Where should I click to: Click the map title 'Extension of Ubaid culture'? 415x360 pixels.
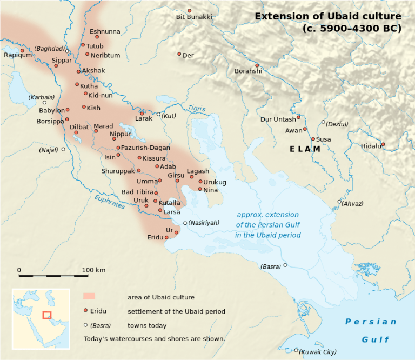click(x=328, y=16)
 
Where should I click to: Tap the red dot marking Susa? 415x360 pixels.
click(x=313, y=139)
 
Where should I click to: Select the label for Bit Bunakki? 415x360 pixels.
click(x=194, y=17)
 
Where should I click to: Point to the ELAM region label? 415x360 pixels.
click(x=305, y=149)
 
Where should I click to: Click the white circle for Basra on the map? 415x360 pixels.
click(x=285, y=265)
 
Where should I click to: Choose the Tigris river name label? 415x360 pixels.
click(x=197, y=109)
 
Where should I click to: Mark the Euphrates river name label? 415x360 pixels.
click(x=110, y=202)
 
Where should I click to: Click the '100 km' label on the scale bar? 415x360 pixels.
click(x=93, y=270)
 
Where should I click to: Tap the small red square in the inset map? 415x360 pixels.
click(x=47, y=315)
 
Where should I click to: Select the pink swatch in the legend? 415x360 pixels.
click(x=89, y=296)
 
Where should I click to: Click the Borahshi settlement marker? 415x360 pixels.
click(x=257, y=65)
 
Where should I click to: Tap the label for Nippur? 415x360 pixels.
click(x=120, y=134)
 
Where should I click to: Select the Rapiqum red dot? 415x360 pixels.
click(x=22, y=51)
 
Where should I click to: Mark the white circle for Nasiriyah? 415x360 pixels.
click(x=185, y=223)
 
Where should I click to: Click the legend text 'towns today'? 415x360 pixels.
click(x=147, y=326)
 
